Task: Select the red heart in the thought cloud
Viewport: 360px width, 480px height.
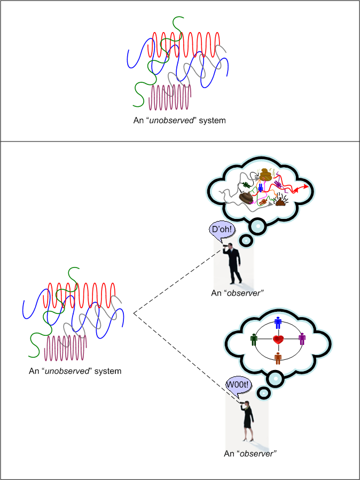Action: click(278, 339)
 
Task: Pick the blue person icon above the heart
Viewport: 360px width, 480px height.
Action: click(278, 322)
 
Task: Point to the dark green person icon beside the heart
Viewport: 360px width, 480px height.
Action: click(254, 340)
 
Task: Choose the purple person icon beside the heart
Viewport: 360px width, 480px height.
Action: click(302, 339)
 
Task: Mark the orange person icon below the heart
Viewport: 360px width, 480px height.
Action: click(278, 358)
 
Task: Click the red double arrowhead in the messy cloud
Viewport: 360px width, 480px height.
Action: click(305, 186)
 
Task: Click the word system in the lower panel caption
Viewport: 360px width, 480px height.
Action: click(107, 371)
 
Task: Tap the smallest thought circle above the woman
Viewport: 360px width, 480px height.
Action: click(263, 394)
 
